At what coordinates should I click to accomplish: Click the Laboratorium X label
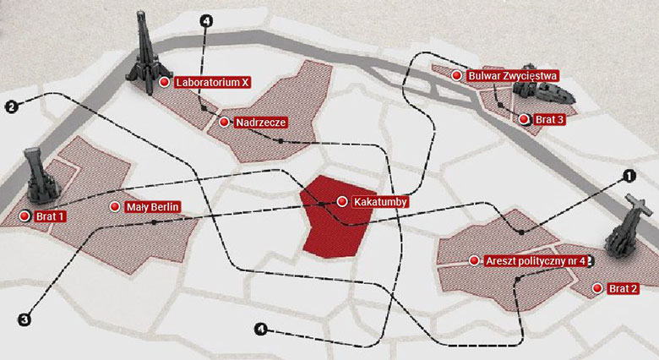[212, 83]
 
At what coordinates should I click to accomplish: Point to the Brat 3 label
[549, 120]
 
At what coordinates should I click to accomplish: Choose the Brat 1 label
[52, 216]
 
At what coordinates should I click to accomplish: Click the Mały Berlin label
[153, 207]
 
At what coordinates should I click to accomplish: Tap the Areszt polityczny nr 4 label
[536, 260]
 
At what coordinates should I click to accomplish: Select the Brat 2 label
[622, 289]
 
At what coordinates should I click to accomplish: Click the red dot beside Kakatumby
[341, 202]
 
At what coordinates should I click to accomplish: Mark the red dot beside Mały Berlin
[114, 206]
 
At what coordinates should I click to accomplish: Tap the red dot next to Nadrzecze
[223, 123]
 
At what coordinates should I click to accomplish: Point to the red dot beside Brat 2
[597, 288]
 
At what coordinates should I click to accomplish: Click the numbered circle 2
[10, 106]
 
